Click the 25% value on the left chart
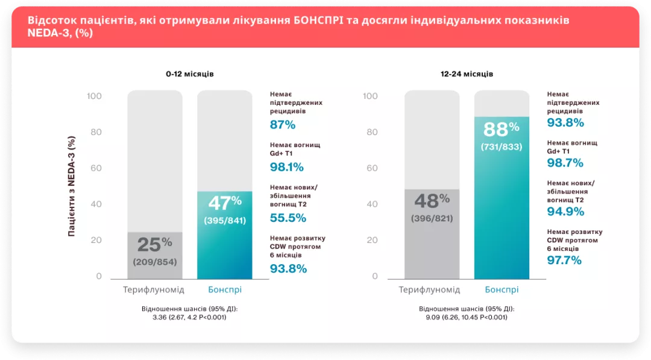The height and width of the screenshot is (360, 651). coord(154,244)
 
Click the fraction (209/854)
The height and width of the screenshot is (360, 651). coord(155,262)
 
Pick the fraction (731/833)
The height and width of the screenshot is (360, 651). coord(502,147)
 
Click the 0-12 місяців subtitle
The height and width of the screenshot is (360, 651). coord(190,74)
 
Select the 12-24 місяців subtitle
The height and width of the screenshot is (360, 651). coord(467,74)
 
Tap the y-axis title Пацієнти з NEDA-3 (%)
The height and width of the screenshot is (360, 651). coord(72,186)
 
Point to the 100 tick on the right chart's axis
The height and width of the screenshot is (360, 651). coord(371,96)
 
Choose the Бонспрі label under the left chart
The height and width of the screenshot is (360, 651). coord(225,290)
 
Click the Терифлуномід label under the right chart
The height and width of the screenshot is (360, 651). coord(429,290)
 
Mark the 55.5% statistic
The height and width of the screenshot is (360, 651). coord(288,219)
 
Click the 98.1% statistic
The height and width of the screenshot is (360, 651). coord(286,167)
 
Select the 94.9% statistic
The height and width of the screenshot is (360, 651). coord(565,211)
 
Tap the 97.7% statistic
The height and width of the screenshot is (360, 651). coord(564,260)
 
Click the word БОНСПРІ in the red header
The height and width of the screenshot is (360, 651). coord(319,20)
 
